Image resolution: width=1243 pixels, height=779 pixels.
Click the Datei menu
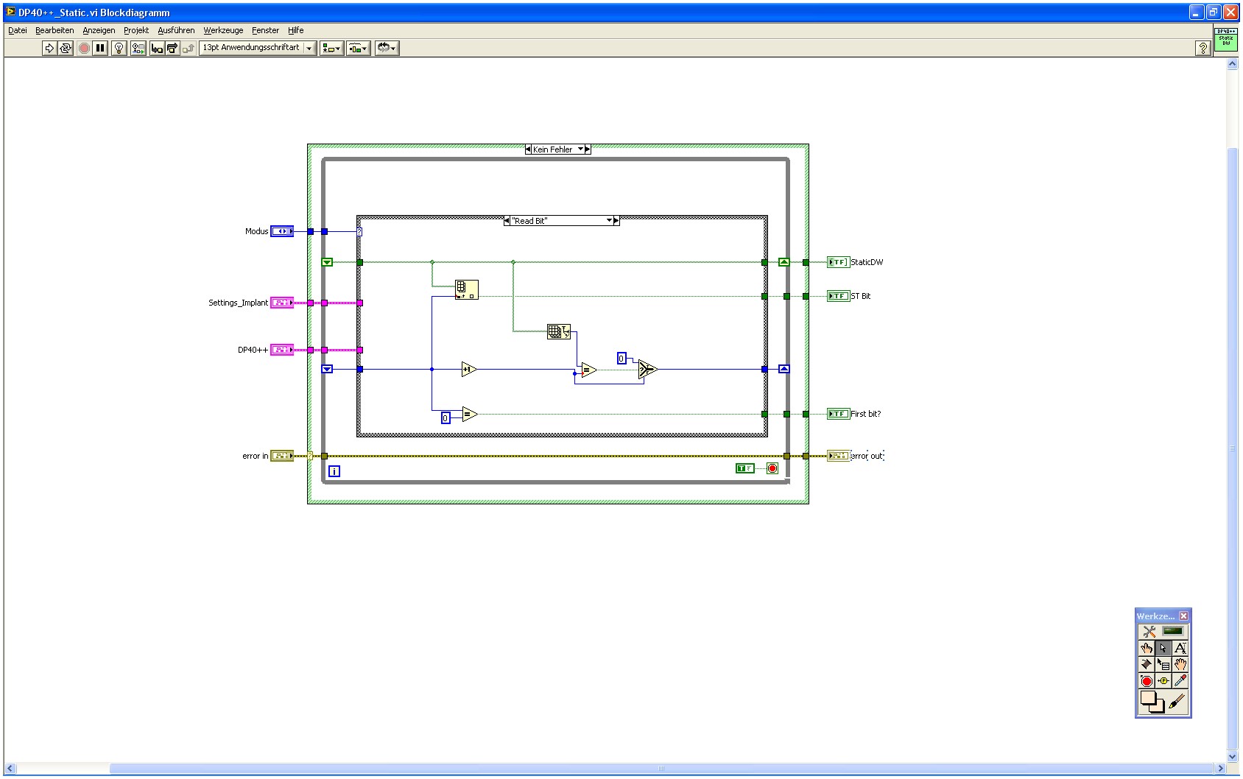tap(17, 30)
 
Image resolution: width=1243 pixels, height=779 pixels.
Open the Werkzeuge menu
tap(223, 30)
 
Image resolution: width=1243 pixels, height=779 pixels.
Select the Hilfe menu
tap(295, 30)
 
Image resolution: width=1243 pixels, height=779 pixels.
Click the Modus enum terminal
tap(282, 231)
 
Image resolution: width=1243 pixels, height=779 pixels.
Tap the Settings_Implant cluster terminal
tap(282, 303)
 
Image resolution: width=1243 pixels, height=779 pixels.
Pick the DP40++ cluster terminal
tap(282, 350)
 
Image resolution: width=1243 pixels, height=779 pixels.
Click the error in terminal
tap(282, 456)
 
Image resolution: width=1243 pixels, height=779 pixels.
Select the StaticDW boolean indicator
tap(838, 262)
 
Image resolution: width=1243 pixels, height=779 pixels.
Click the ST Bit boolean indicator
tap(838, 296)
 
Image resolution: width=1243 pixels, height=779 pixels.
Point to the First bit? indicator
tap(838, 414)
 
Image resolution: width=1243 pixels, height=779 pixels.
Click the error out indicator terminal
tap(838, 456)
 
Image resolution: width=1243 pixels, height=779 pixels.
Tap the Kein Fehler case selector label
tap(554, 149)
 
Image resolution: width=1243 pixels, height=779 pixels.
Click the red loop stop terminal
tap(772, 468)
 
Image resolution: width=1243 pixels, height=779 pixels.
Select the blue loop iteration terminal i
tap(334, 471)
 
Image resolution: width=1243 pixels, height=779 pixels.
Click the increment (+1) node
tap(469, 369)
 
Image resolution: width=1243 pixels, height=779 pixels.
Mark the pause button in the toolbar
tap(100, 48)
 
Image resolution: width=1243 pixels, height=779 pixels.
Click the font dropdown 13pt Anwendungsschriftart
tap(258, 48)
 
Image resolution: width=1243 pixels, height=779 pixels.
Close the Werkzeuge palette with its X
tap(1183, 616)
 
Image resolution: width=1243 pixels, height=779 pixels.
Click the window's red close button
tap(1230, 12)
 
